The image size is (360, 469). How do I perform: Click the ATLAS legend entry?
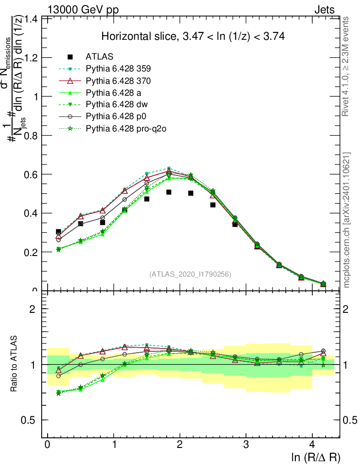pyautogui.click(x=99, y=57)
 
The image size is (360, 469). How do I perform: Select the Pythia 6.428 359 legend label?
pyautogui.click(x=118, y=69)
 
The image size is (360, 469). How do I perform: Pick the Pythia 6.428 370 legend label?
pyautogui.click(x=118, y=81)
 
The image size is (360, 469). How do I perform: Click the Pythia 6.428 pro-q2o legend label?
pyautogui.click(x=125, y=129)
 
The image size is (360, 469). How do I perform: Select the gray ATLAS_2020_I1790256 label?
pyautogui.click(x=190, y=274)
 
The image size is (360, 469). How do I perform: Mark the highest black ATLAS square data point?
pyautogui.click(x=169, y=192)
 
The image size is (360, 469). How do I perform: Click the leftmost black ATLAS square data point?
pyautogui.click(x=58, y=232)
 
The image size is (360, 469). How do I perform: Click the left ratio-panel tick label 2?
pyautogui.click(x=33, y=309)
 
